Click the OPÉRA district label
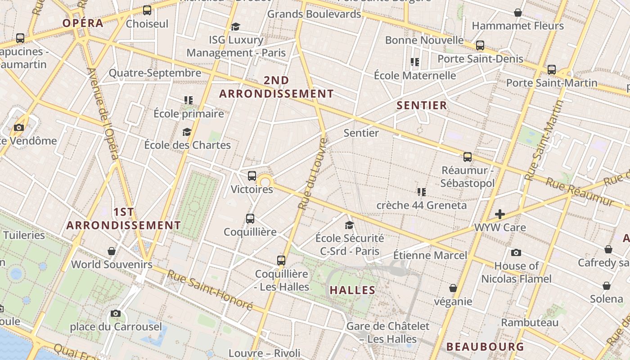pos(83,23)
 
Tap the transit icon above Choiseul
pos(147,10)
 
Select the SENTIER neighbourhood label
pos(422,106)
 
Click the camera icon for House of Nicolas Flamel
pos(516,252)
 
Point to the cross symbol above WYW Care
pos(499,214)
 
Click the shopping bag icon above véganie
pos(453,288)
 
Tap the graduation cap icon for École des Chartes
pos(187,132)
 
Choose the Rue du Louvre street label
pos(313,173)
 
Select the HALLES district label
pos(352,290)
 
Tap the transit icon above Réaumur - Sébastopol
pos(468,157)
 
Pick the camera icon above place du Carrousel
pos(116,313)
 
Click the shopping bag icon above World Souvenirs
pos(112,251)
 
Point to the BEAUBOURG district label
pos(485,347)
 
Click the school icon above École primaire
pos(188,100)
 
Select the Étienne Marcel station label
pos(430,256)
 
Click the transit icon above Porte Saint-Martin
pos(552,70)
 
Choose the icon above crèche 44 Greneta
pos(421,192)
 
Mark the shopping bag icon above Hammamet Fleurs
pos(518,13)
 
